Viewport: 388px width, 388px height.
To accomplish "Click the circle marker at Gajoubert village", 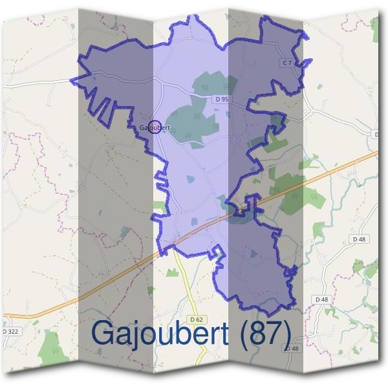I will click(153, 125).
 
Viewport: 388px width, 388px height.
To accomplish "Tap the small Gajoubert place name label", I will click(154, 128).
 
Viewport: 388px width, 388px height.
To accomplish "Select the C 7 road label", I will click(288, 62).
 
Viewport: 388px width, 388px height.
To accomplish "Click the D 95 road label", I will click(221, 99).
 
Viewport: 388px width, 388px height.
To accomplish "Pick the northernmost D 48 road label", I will click(360, 239).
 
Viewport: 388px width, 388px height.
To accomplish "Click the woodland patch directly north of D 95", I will click(208, 84).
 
